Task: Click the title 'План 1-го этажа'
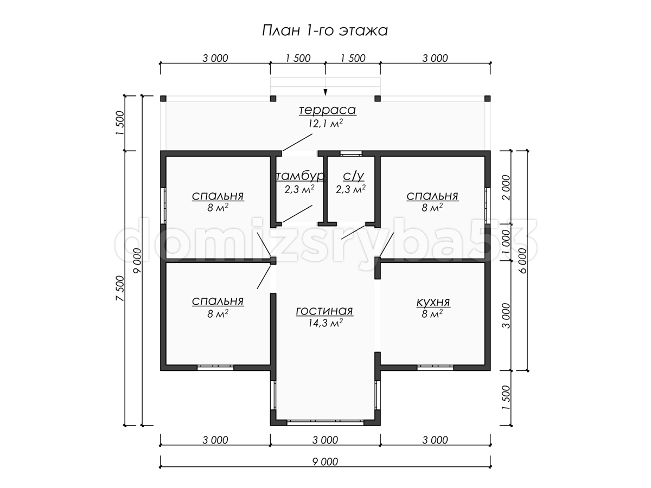[325, 31]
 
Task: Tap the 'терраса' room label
[327, 110]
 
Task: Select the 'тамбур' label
[301, 176]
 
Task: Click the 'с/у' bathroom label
[354, 176]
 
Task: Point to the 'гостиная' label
[324, 311]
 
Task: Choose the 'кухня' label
[433, 302]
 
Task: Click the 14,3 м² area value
[325, 323]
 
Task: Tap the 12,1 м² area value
[325, 123]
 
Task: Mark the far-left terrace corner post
[163, 99]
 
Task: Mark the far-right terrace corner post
[487, 99]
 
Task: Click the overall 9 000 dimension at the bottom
[325, 461]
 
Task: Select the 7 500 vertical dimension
[120, 288]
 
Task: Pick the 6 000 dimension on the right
[522, 261]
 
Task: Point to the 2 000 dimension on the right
[507, 188]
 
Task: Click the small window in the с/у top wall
[351, 153]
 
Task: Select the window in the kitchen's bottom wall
[436, 368]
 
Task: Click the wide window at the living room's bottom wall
[325, 423]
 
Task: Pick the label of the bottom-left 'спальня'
[218, 301]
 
